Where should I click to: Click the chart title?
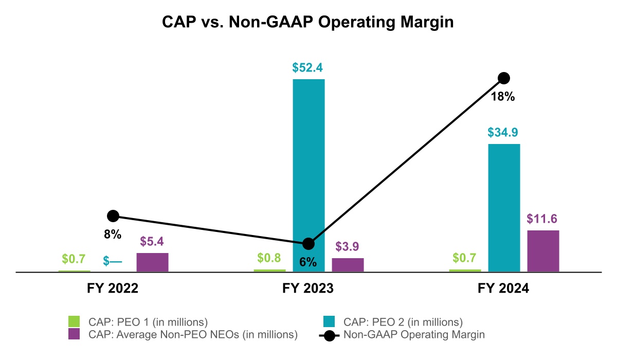tap(308, 23)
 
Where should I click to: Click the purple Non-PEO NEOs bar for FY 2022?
tap(152, 262)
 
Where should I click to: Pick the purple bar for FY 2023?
tap(348, 265)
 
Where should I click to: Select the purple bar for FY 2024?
tap(543, 251)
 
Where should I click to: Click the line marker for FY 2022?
tap(113, 216)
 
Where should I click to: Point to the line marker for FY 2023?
tap(308, 244)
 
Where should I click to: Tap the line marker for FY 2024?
tap(504, 78)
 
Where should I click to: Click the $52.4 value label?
tap(308, 68)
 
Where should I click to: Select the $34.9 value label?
tap(503, 133)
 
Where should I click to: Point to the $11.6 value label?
tap(542, 219)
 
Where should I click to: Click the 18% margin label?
tap(504, 96)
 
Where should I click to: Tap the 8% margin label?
tap(113, 235)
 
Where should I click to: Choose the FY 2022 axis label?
tap(113, 289)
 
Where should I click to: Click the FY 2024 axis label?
tap(503, 289)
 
